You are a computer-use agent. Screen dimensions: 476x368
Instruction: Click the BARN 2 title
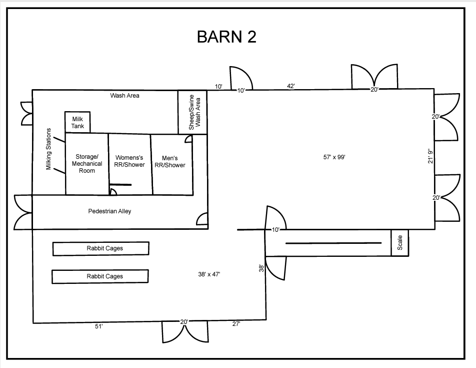(226, 37)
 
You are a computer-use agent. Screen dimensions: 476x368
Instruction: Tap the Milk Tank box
(77, 122)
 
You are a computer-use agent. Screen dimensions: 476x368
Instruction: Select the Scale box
(399, 243)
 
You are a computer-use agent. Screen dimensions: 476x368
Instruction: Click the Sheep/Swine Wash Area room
(192, 112)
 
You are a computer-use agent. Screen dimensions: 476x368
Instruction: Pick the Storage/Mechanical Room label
(87, 164)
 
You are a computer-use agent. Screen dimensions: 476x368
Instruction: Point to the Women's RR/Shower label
(129, 161)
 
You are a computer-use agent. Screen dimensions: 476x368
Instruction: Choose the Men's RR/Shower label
(170, 162)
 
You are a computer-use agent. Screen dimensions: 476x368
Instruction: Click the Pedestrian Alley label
(109, 211)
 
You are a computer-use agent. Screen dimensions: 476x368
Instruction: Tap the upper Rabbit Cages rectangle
(101, 248)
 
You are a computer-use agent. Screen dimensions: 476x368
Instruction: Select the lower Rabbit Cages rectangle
(100, 276)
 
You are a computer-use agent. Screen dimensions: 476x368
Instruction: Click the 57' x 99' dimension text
(334, 157)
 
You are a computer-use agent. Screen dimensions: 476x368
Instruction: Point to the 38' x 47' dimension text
(209, 274)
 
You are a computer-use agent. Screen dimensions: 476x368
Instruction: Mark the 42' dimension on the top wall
(291, 86)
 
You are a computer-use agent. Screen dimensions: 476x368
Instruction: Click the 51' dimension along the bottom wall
(98, 326)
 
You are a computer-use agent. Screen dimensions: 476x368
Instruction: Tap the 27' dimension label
(236, 324)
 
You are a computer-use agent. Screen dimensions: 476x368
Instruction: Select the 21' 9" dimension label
(430, 156)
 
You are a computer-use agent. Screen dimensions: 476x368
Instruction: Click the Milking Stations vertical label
(48, 149)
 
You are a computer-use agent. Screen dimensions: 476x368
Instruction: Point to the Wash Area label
(125, 96)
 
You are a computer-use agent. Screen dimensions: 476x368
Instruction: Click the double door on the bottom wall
(185, 331)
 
